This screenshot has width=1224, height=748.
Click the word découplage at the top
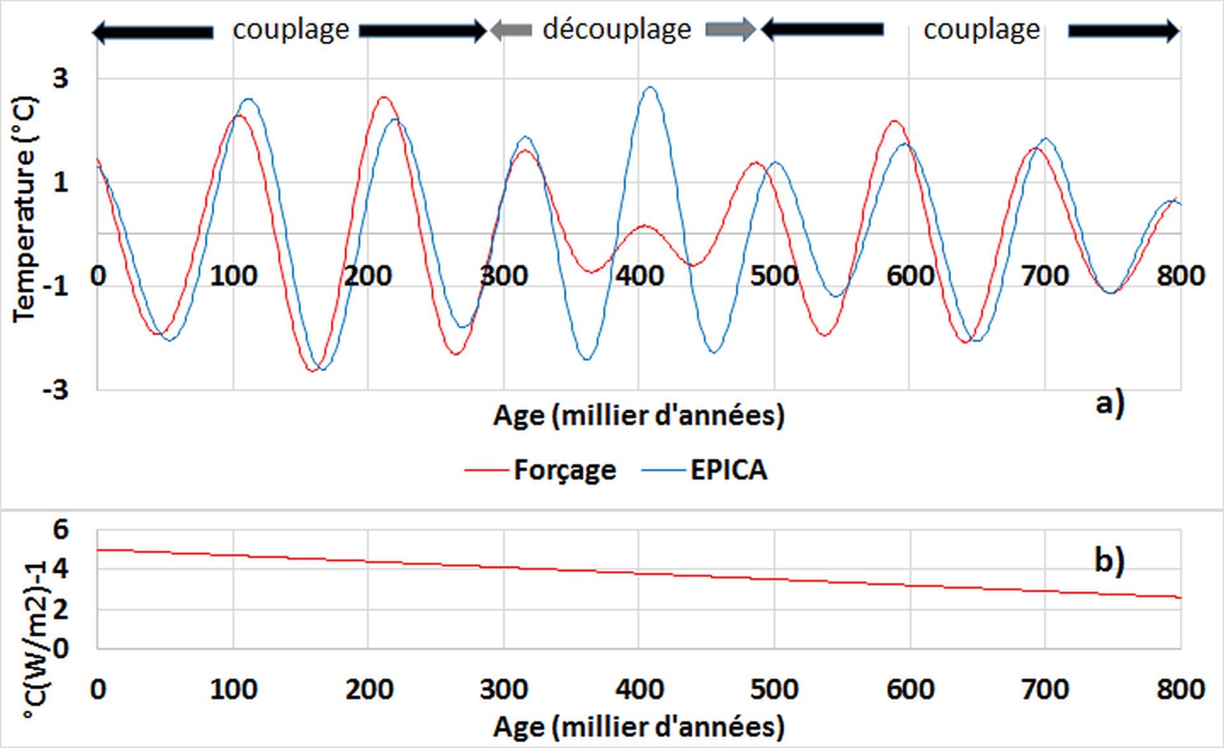tap(616, 29)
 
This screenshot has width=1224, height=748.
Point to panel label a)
tap(1109, 402)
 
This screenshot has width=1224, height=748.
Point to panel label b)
tap(1109, 561)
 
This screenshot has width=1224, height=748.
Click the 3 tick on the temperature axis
tap(61, 79)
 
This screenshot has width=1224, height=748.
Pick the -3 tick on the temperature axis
tap(56, 390)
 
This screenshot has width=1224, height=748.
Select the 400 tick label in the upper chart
tap(639, 275)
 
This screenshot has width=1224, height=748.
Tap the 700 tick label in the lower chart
tap(1045, 689)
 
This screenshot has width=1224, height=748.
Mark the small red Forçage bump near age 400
tap(645, 226)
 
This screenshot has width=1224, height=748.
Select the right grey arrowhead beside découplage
tap(748, 30)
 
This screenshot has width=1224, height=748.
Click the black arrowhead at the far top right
tap(1172, 30)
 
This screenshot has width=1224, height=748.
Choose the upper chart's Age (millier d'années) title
tap(639, 416)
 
